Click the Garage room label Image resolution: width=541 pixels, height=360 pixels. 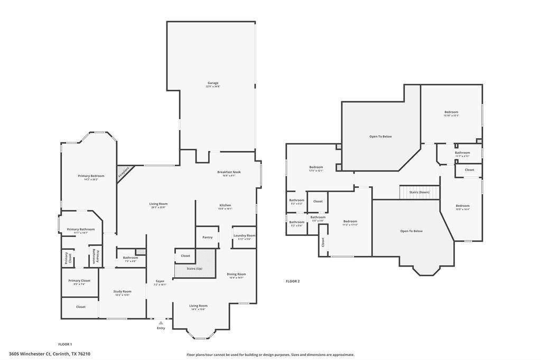click(x=212, y=83)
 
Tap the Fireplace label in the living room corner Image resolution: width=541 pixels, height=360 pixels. click(x=124, y=172)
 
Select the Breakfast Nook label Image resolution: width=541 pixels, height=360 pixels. click(x=229, y=172)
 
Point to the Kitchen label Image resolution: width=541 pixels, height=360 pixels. click(x=225, y=205)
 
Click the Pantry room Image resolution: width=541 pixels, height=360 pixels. click(x=208, y=237)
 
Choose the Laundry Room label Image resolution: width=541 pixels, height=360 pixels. click(x=244, y=235)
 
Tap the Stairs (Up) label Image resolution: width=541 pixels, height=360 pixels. click(x=194, y=268)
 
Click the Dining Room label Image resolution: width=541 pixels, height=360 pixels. click(x=236, y=274)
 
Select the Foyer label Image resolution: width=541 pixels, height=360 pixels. click(x=160, y=281)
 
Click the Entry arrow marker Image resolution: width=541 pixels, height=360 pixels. click(x=161, y=323)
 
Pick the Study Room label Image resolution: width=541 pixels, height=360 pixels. click(x=123, y=291)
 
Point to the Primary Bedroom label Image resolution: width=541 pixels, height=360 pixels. click(x=91, y=176)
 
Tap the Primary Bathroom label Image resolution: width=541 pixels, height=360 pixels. click(x=81, y=229)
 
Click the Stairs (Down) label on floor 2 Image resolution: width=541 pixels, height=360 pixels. click(x=420, y=192)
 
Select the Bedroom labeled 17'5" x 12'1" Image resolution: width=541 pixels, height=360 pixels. click(x=316, y=167)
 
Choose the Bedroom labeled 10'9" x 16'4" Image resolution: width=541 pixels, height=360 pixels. click(x=462, y=206)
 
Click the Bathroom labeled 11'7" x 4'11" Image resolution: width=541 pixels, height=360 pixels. click(x=462, y=153)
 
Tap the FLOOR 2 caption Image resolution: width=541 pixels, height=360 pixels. click(x=293, y=281)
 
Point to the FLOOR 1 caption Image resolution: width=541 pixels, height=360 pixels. click(x=65, y=344)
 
